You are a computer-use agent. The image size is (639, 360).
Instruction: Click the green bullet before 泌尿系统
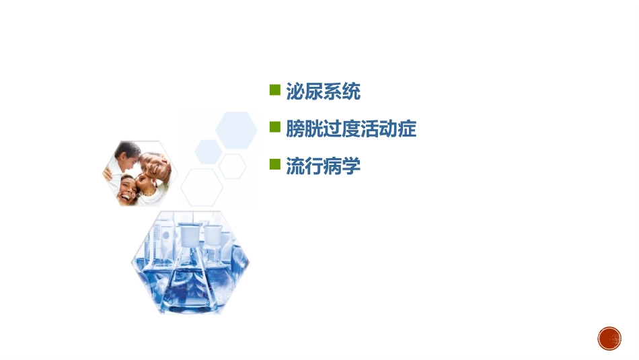point(274,89)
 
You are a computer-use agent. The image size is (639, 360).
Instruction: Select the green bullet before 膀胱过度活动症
point(274,127)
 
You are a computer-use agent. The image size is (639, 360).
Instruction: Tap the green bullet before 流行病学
point(274,164)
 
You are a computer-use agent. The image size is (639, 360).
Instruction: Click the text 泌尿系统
point(324,92)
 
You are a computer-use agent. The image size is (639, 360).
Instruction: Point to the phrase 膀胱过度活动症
point(351,129)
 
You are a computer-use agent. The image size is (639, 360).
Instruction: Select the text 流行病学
point(324,166)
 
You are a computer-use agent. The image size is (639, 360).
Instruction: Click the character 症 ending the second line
point(408,129)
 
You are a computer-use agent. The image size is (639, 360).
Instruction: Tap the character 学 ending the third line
point(352,166)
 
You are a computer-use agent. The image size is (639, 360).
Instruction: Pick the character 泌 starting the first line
point(295,92)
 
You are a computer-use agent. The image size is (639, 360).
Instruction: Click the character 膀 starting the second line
point(295,129)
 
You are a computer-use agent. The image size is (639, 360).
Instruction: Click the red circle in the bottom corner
point(609,338)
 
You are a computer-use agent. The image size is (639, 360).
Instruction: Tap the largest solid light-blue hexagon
point(236,130)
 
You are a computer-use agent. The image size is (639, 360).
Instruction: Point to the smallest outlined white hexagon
point(233,166)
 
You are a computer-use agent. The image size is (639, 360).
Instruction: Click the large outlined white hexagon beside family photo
point(202,186)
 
